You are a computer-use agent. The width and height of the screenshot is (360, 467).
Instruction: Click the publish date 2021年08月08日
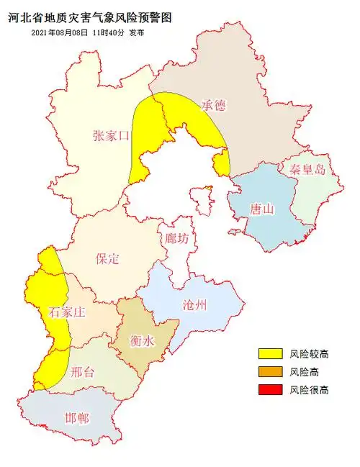click(x=60, y=33)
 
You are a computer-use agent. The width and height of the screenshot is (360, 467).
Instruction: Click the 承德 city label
click(x=213, y=105)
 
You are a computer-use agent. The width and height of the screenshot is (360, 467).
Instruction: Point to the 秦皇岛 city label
click(x=307, y=170)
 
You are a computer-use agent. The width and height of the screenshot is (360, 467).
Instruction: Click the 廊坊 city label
click(x=177, y=238)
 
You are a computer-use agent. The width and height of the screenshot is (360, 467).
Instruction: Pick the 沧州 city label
click(x=194, y=304)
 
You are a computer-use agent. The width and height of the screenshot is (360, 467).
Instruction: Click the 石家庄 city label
click(x=67, y=312)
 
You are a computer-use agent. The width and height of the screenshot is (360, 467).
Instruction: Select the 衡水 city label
click(x=142, y=341)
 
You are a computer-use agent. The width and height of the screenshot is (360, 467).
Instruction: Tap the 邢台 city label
click(x=84, y=373)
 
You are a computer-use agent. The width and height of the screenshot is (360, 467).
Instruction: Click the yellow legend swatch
click(x=271, y=353)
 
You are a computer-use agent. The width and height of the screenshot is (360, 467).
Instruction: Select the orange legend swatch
click(x=271, y=372)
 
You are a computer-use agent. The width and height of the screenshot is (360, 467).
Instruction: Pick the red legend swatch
click(x=271, y=390)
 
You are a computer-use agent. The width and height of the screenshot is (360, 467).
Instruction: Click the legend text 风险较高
click(x=310, y=353)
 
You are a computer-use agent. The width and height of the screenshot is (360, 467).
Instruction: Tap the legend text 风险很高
click(x=310, y=390)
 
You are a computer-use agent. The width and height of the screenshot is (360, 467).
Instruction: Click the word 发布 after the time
click(x=136, y=33)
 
